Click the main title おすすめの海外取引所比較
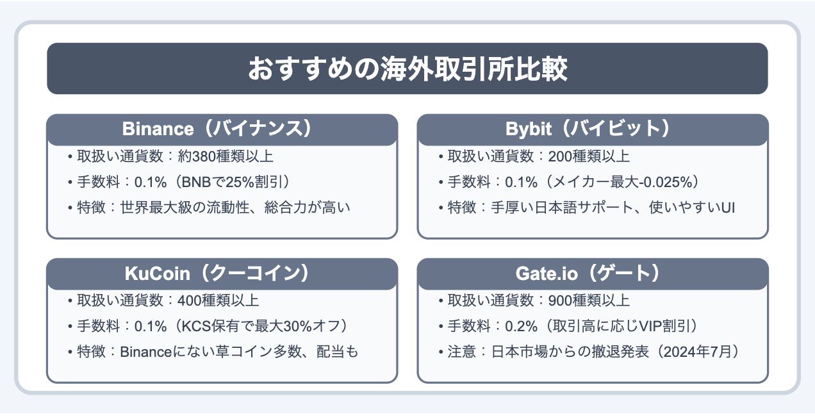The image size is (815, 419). click(x=407, y=69)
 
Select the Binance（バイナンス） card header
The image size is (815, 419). click(x=222, y=129)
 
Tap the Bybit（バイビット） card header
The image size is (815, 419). click(x=593, y=129)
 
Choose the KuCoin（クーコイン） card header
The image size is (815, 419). click(x=222, y=274)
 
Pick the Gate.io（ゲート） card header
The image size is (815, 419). click(x=593, y=274)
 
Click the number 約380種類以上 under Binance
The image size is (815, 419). click(x=226, y=156)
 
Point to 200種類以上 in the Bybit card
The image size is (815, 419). click(x=589, y=156)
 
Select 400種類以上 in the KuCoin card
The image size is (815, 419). click(x=218, y=300)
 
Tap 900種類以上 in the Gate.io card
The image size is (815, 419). click(x=589, y=300)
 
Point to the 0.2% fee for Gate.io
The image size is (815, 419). click(x=521, y=326)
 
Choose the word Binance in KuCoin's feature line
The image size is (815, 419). click(x=146, y=352)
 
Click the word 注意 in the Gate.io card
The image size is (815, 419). click(x=462, y=352)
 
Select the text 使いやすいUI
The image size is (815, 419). click(x=691, y=208)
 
